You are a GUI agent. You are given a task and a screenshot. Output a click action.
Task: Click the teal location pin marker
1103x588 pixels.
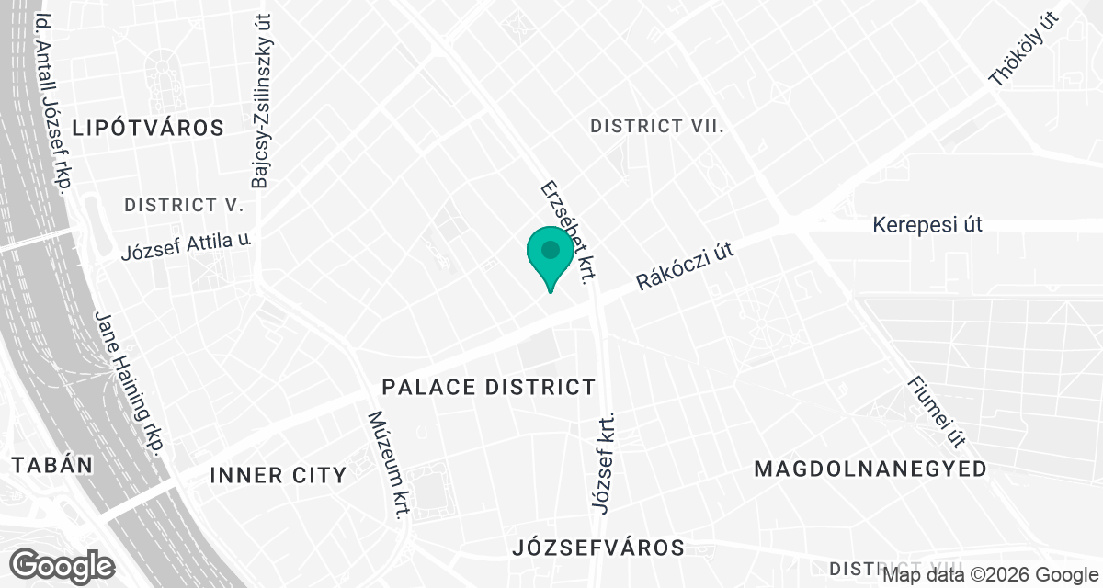click(551, 254)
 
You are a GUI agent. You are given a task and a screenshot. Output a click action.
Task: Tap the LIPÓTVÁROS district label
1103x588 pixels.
click(149, 128)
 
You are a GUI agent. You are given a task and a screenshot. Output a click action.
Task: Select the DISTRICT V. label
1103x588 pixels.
click(184, 205)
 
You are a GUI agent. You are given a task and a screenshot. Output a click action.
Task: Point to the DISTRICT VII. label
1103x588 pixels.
click(657, 126)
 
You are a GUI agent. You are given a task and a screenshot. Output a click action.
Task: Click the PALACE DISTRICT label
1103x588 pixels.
click(489, 387)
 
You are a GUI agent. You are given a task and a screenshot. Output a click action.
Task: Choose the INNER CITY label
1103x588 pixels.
click(278, 475)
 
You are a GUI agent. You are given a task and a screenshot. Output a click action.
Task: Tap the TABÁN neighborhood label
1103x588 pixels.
click(52, 465)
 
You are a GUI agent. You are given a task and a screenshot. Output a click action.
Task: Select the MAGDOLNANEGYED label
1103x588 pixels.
click(870, 469)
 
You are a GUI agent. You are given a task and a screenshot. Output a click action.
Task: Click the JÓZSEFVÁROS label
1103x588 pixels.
click(598, 548)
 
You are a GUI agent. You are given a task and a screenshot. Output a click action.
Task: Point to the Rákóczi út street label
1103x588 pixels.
click(688, 267)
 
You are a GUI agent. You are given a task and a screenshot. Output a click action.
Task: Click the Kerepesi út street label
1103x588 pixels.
click(927, 224)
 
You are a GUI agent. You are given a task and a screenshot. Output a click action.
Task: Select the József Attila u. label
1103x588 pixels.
click(187, 246)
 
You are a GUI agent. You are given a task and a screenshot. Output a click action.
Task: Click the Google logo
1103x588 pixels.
click(63, 565)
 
